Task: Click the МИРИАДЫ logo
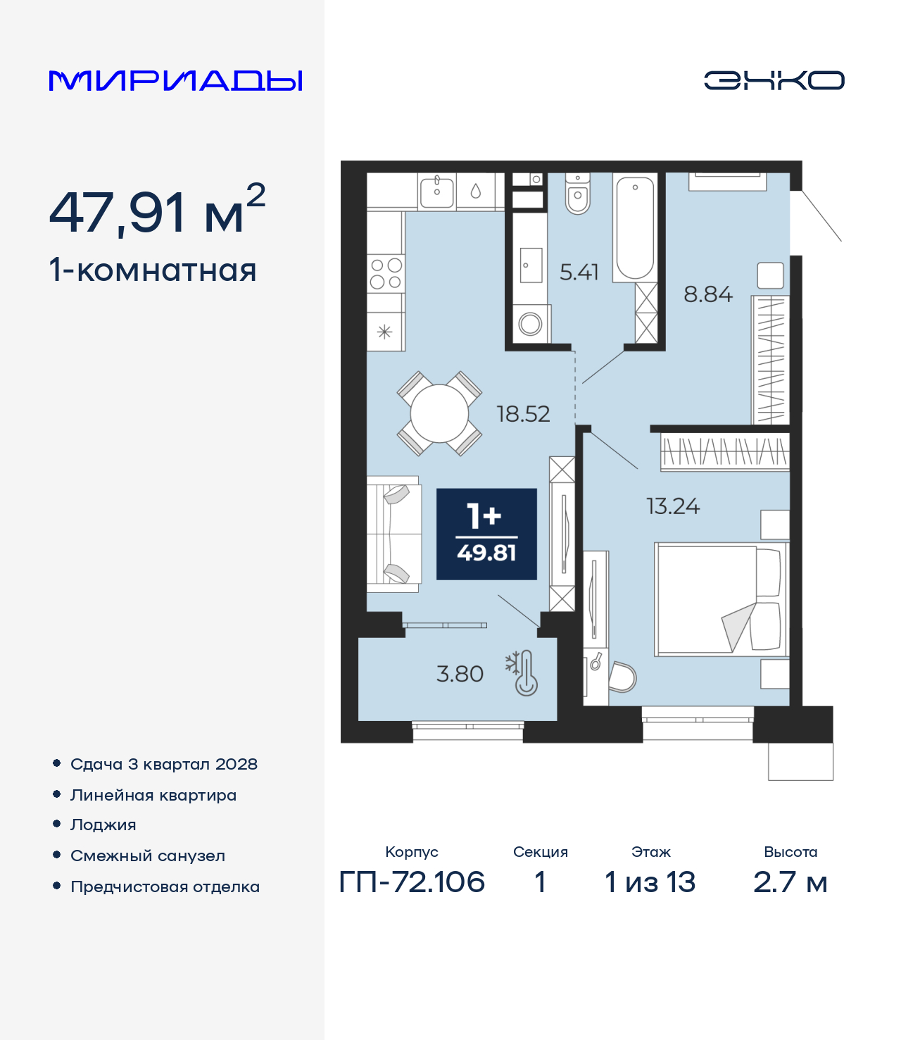click(175, 80)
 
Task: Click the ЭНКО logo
click(774, 80)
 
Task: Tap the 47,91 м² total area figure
click(157, 211)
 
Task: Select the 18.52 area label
click(523, 414)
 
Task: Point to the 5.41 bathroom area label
click(579, 272)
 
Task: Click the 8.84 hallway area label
click(708, 294)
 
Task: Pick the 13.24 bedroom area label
click(673, 506)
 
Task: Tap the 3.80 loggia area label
click(460, 675)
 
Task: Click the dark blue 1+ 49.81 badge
click(486, 534)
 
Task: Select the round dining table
click(439, 413)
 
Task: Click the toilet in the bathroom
click(577, 194)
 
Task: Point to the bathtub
click(635, 228)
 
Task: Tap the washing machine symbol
click(530, 323)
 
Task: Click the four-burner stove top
click(386, 273)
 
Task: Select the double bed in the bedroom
click(722, 599)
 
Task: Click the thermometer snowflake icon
click(522, 672)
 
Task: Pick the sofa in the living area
click(393, 534)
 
